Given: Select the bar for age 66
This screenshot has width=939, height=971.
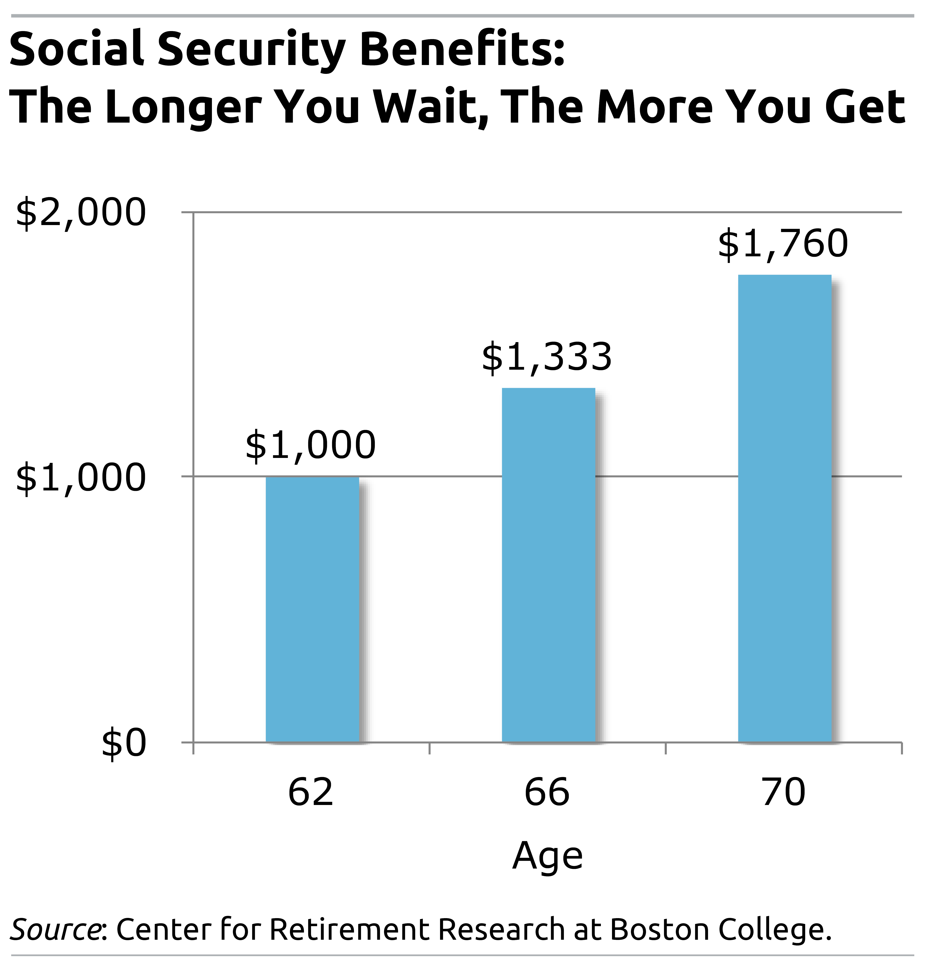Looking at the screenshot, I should [548, 565].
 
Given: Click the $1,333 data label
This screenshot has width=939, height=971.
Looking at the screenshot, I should [547, 357].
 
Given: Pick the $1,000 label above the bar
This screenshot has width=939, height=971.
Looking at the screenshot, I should [310, 445].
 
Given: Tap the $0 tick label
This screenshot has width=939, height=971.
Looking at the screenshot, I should [124, 743].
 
